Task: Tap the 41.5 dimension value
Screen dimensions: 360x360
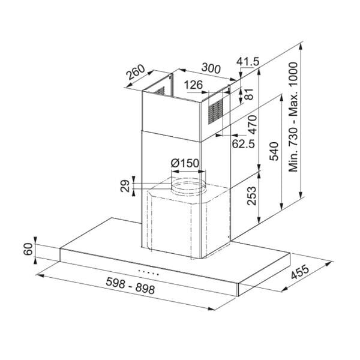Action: coord(247,62)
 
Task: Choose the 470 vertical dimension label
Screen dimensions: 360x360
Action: coord(252,124)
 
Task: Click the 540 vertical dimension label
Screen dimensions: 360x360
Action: coord(274,151)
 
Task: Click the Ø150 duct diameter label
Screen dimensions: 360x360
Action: coord(185,163)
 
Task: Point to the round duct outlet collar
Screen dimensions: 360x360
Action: coord(187,184)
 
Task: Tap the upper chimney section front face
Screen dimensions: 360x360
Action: coord(171,114)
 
